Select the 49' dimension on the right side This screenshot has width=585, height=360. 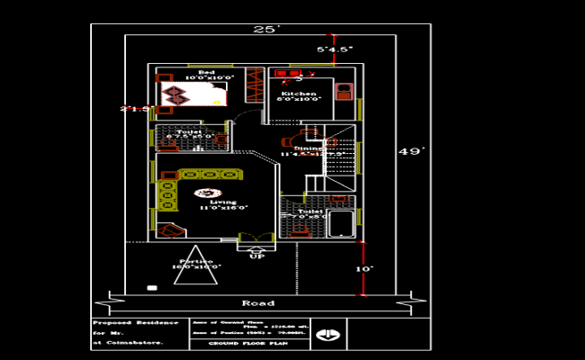pyautogui.click(x=409, y=152)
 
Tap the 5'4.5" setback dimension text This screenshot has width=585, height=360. pyautogui.click(x=333, y=49)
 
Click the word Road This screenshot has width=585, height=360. pyautogui.click(x=258, y=302)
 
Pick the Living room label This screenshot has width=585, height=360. pyautogui.click(x=223, y=202)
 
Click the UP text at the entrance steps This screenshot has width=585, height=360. pyautogui.click(x=257, y=256)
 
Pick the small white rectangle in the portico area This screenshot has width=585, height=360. pyautogui.click(x=152, y=288)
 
